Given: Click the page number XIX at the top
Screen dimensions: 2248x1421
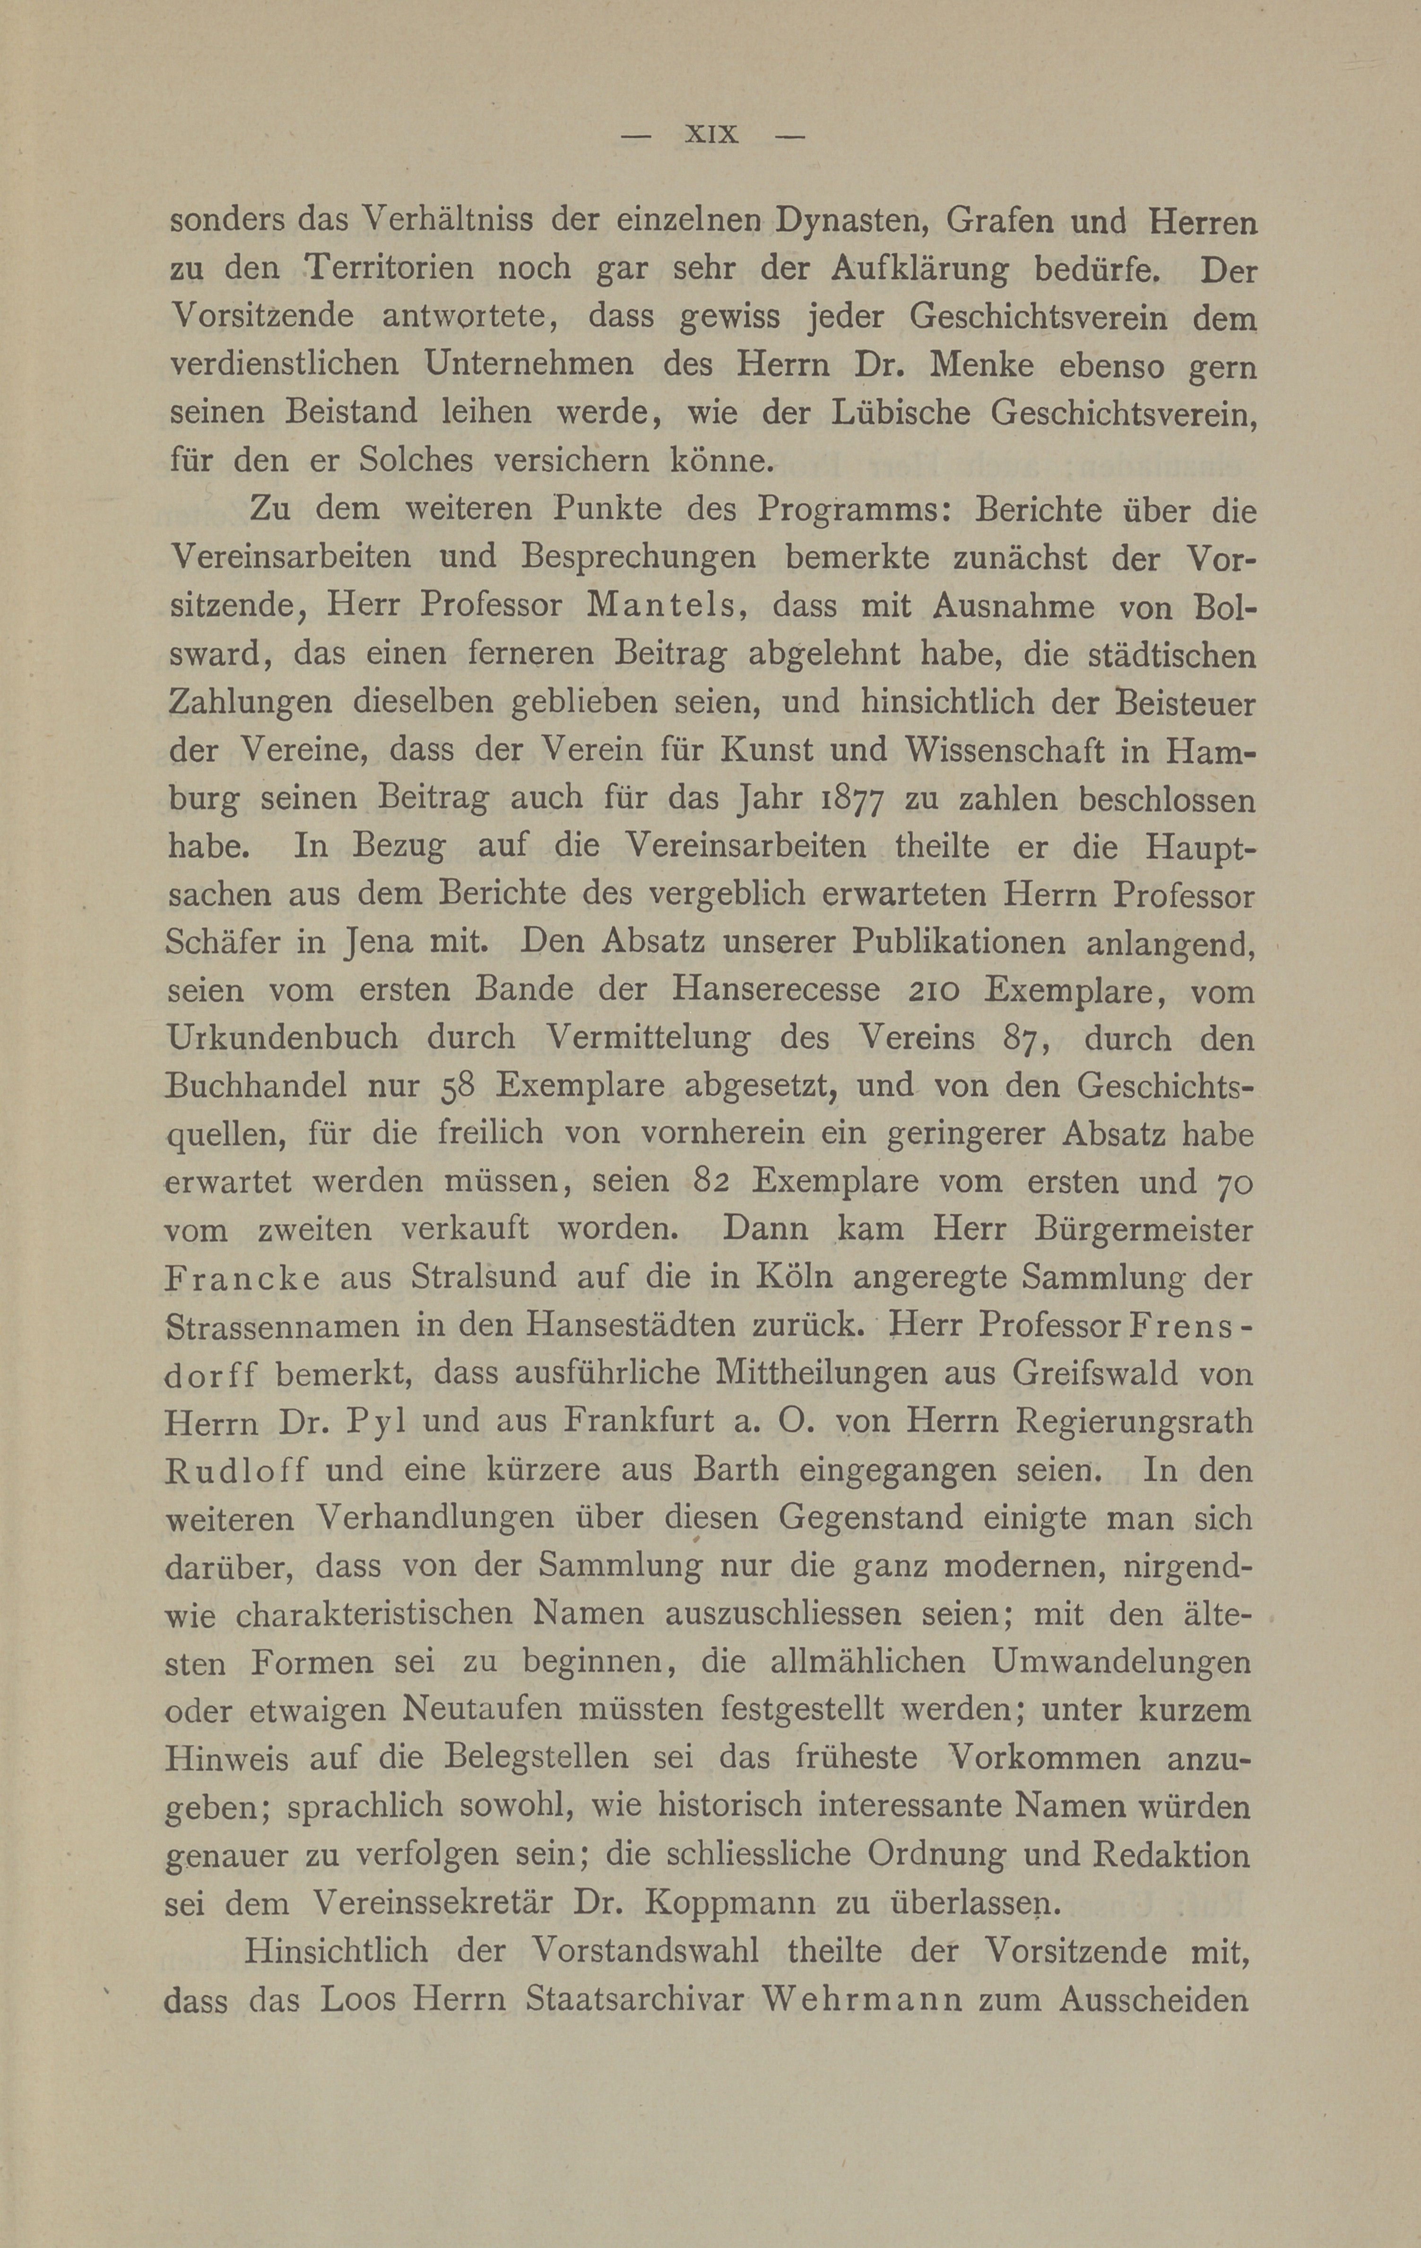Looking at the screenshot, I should [711, 135].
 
